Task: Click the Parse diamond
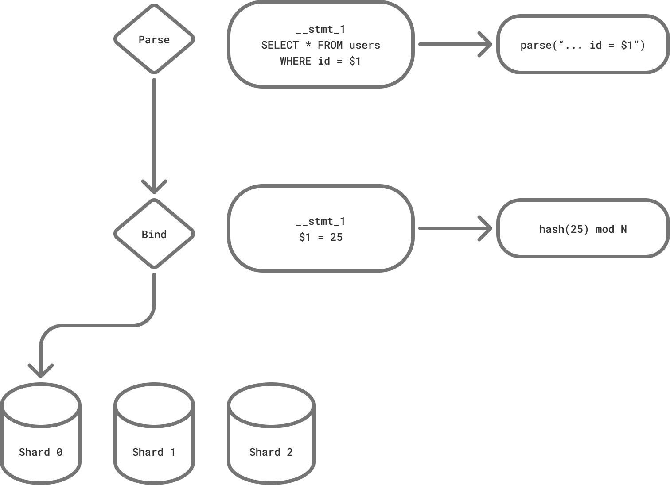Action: (x=154, y=39)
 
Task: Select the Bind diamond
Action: (x=154, y=234)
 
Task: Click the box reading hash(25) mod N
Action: (x=583, y=229)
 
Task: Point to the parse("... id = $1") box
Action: (x=583, y=45)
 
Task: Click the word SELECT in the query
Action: (x=280, y=45)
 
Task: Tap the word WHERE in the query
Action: (x=295, y=61)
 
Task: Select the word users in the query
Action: (x=364, y=45)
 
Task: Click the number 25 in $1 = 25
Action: (x=336, y=237)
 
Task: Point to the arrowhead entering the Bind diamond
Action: (x=154, y=187)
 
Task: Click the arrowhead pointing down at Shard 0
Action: (x=41, y=371)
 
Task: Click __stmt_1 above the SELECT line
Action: (x=320, y=29)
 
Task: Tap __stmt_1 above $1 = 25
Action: (x=320, y=221)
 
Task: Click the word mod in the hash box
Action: (x=604, y=229)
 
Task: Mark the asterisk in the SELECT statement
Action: (x=308, y=45)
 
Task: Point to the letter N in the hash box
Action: (x=623, y=229)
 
